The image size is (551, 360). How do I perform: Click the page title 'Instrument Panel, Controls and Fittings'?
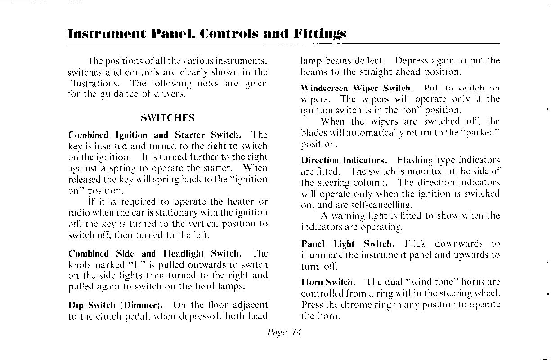206,33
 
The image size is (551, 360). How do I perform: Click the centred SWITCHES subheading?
167,118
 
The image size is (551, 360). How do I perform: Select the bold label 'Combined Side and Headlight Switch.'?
155,254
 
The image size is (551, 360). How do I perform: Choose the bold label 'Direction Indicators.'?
344,160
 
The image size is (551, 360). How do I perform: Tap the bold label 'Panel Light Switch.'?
348,244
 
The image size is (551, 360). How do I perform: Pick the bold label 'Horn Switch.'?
328,283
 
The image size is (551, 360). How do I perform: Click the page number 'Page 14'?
283,333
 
